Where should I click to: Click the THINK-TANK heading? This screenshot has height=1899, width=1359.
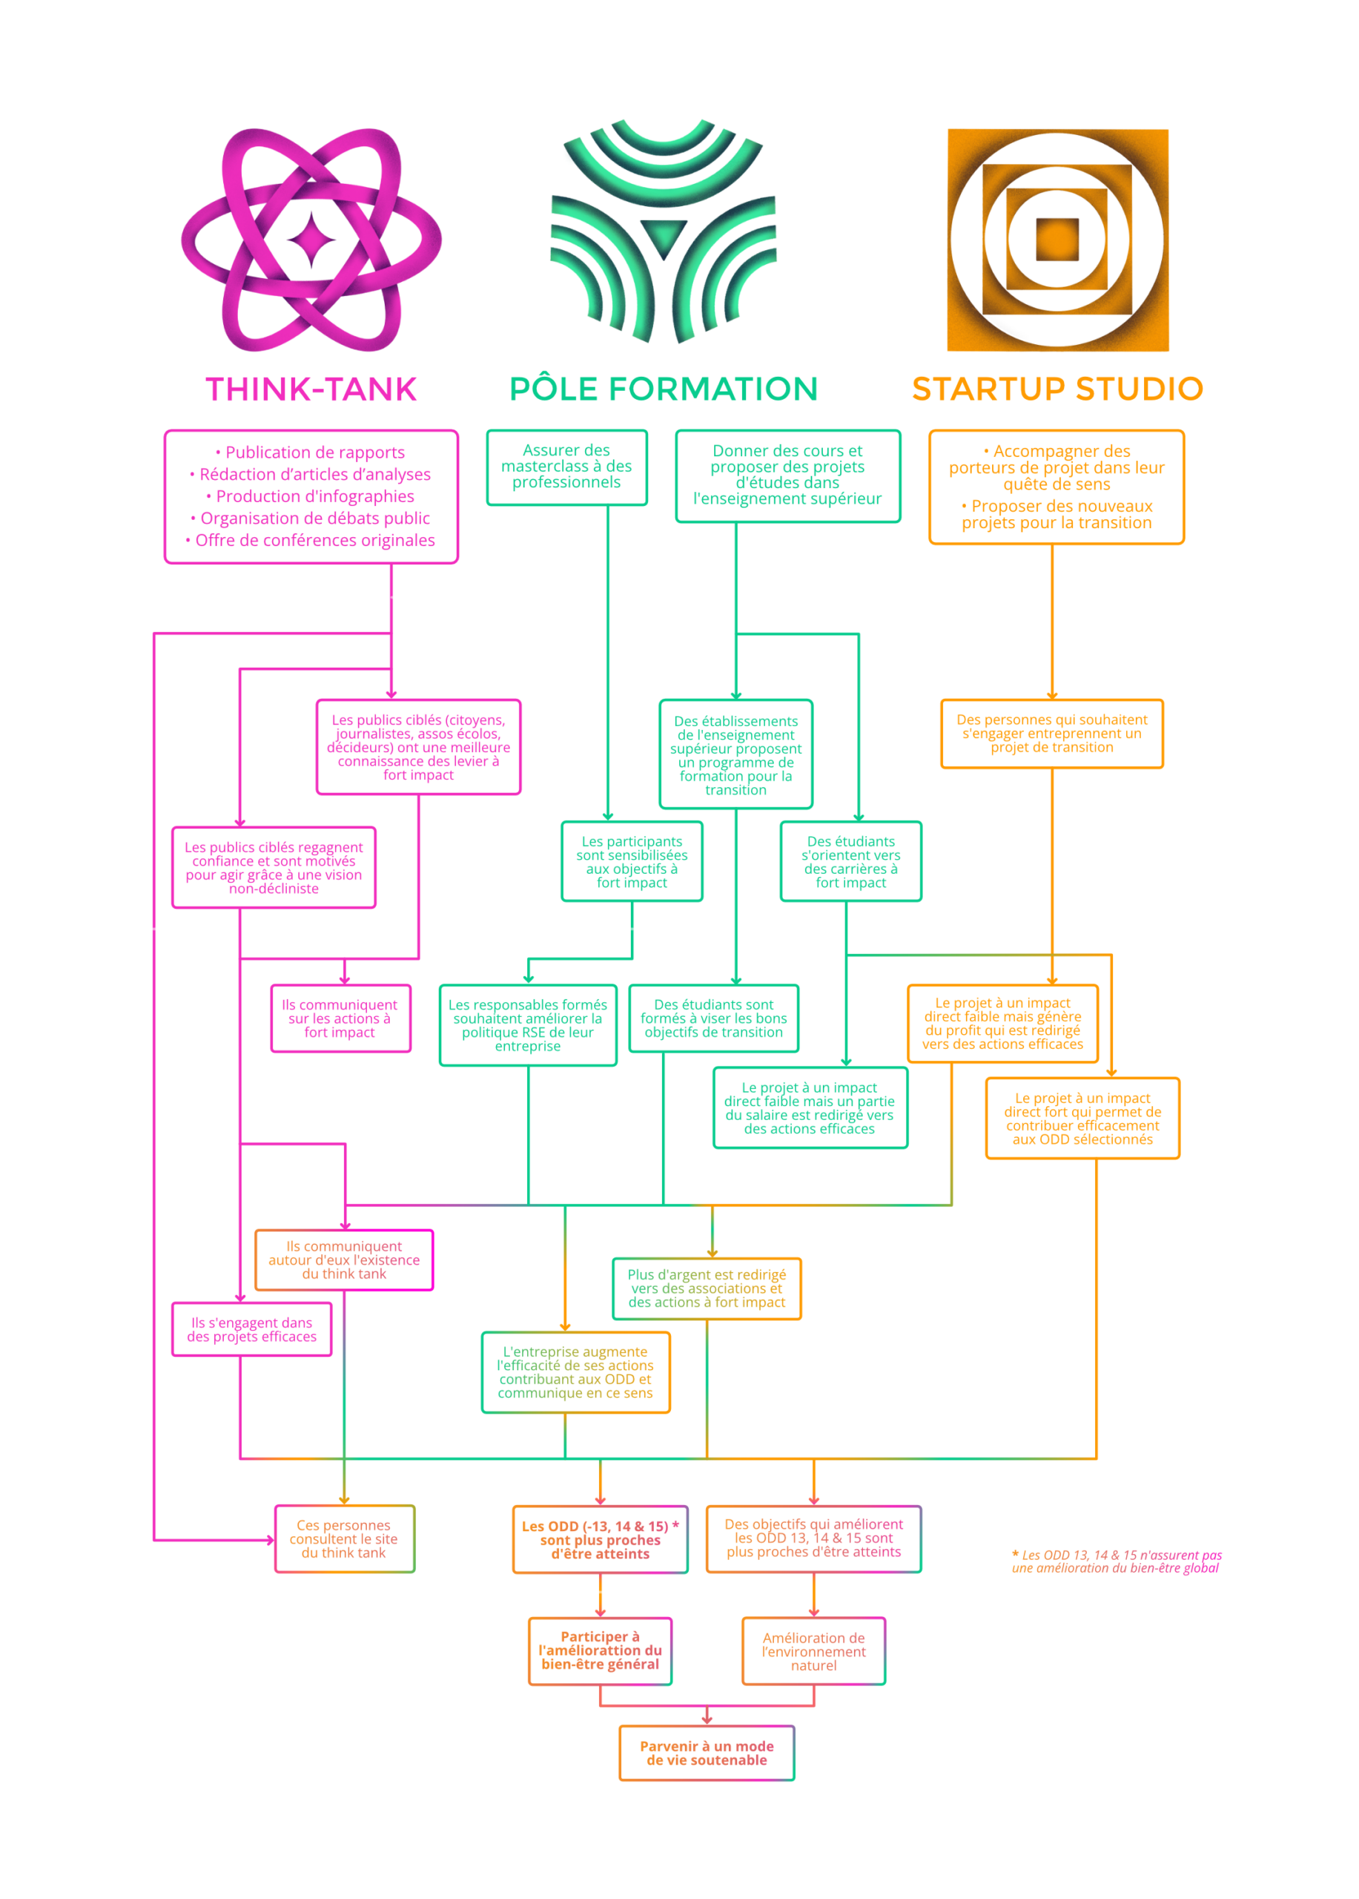(x=311, y=389)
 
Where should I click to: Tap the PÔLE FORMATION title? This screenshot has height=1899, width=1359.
(x=663, y=389)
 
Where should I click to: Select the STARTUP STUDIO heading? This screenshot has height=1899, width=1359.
(x=1057, y=389)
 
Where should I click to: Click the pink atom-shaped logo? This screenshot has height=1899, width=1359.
(x=311, y=240)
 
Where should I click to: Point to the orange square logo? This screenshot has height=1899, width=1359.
(x=1058, y=240)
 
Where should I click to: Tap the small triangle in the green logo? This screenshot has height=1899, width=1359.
(x=664, y=234)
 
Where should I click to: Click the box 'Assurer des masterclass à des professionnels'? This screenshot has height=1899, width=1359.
(x=566, y=467)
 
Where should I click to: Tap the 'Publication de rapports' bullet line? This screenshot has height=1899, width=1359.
(x=311, y=453)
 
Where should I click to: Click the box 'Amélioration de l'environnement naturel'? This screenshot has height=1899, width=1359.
(x=813, y=1651)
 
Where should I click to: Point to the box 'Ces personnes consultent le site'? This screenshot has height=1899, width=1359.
(x=344, y=1539)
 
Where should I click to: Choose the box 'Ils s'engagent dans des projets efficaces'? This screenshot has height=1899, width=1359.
(x=251, y=1329)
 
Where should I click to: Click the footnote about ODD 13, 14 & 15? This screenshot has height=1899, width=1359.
(x=1117, y=1561)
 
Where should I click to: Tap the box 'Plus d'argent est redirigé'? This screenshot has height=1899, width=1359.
(x=707, y=1289)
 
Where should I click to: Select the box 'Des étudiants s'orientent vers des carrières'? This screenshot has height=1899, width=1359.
(x=850, y=861)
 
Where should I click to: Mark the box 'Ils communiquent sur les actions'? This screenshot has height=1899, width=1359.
(x=340, y=1018)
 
